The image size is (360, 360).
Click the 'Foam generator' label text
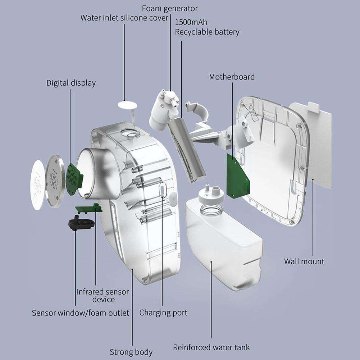(170, 8)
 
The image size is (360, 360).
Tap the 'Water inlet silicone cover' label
(124, 18)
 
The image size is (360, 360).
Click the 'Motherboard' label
(232, 77)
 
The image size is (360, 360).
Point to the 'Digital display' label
(71, 83)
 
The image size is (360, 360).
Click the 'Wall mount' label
(304, 261)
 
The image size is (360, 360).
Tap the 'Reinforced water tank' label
(211, 347)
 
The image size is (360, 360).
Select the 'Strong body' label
(131, 352)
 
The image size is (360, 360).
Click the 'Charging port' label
(163, 313)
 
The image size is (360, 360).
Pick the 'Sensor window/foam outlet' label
(80, 313)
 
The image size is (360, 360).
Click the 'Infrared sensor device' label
(102, 295)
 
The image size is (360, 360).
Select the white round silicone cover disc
(127, 105)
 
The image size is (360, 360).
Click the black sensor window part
(81, 223)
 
